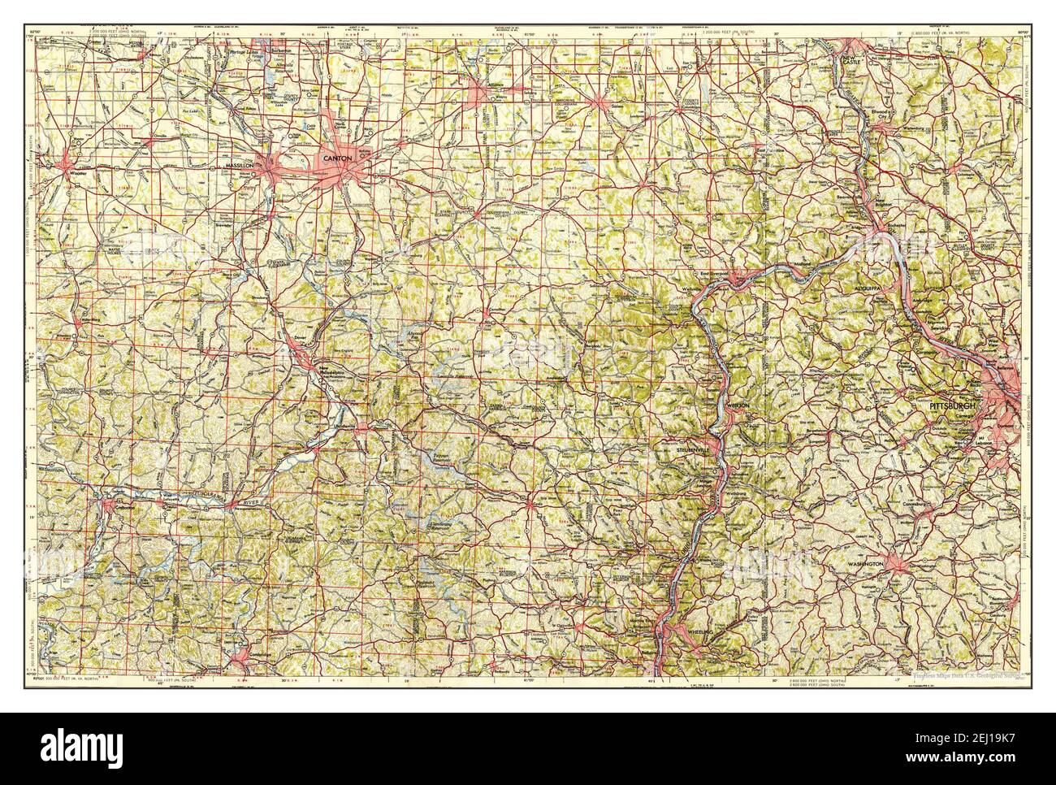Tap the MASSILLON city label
tap(240, 166)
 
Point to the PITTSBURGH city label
tap(956, 404)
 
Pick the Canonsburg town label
tap(928, 514)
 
